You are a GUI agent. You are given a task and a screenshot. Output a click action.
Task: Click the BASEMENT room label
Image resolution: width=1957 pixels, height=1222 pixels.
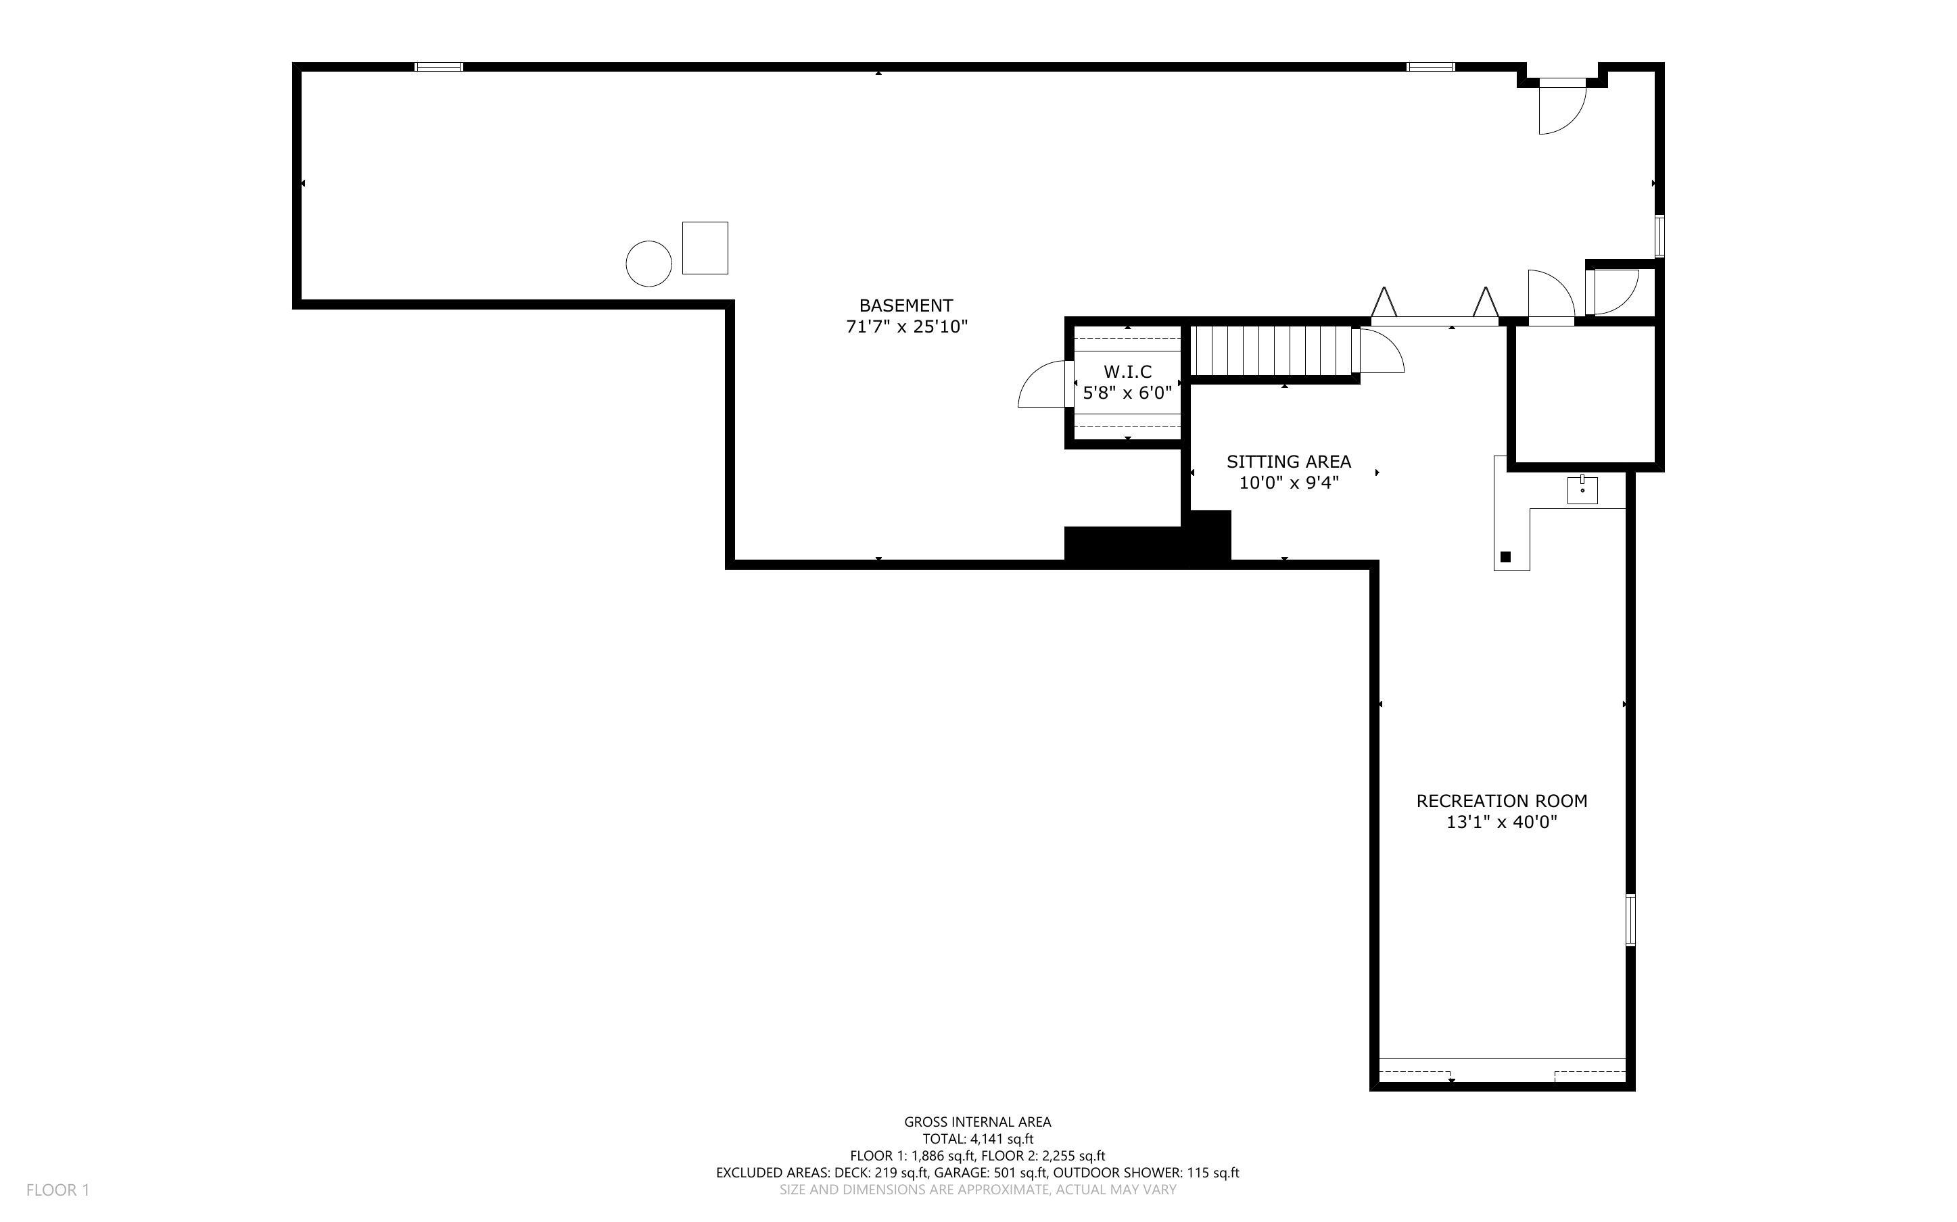(905, 305)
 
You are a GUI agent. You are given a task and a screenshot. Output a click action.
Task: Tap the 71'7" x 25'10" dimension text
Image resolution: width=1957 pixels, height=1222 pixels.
(906, 327)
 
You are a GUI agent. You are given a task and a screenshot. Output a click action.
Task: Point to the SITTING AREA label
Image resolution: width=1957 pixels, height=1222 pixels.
(1288, 462)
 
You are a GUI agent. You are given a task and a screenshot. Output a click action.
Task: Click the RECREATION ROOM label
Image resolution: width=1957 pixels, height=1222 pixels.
(1501, 801)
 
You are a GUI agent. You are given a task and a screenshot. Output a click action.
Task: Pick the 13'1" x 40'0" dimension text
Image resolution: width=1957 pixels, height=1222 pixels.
(1501, 823)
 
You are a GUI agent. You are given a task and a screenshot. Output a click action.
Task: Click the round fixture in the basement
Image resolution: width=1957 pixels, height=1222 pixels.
(649, 264)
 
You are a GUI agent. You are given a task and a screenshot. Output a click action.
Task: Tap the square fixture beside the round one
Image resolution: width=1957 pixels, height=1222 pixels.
(705, 248)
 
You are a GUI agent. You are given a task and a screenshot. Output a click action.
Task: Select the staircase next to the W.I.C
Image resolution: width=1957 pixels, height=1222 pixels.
(1273, 351)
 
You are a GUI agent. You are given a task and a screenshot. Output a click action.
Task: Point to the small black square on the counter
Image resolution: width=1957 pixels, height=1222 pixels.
(1505, 557)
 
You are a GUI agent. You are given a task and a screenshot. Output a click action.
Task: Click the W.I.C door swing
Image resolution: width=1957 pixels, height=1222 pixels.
(1043, 385)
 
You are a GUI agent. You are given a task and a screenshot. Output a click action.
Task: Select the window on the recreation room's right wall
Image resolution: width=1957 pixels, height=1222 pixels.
(1630, 920)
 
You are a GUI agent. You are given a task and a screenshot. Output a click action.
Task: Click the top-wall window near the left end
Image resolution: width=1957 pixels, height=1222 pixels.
(439, 67)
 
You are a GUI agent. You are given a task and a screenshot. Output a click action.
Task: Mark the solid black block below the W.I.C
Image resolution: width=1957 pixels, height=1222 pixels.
(1146, 542)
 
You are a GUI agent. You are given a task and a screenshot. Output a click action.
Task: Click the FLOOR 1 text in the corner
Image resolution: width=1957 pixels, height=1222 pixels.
(57, 1190)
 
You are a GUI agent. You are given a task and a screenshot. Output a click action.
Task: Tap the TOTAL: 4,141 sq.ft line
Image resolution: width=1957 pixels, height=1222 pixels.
(977, 1139)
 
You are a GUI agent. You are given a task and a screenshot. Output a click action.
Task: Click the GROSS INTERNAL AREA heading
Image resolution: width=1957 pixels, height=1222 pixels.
(977, 1122)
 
